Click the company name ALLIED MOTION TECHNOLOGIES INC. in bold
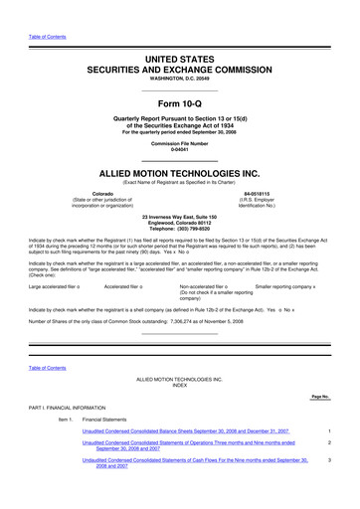coord(180,171)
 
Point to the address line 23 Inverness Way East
coord(180,215)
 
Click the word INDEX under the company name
coord(180,387)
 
